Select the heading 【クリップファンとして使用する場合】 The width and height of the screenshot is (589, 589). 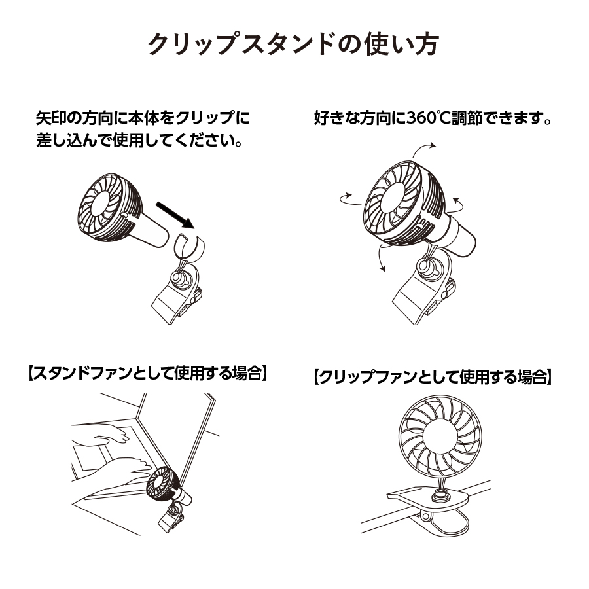pyautogui.click(x=433, y=378)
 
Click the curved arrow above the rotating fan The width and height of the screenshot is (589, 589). pyautogui.click(x=423, y=149)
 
